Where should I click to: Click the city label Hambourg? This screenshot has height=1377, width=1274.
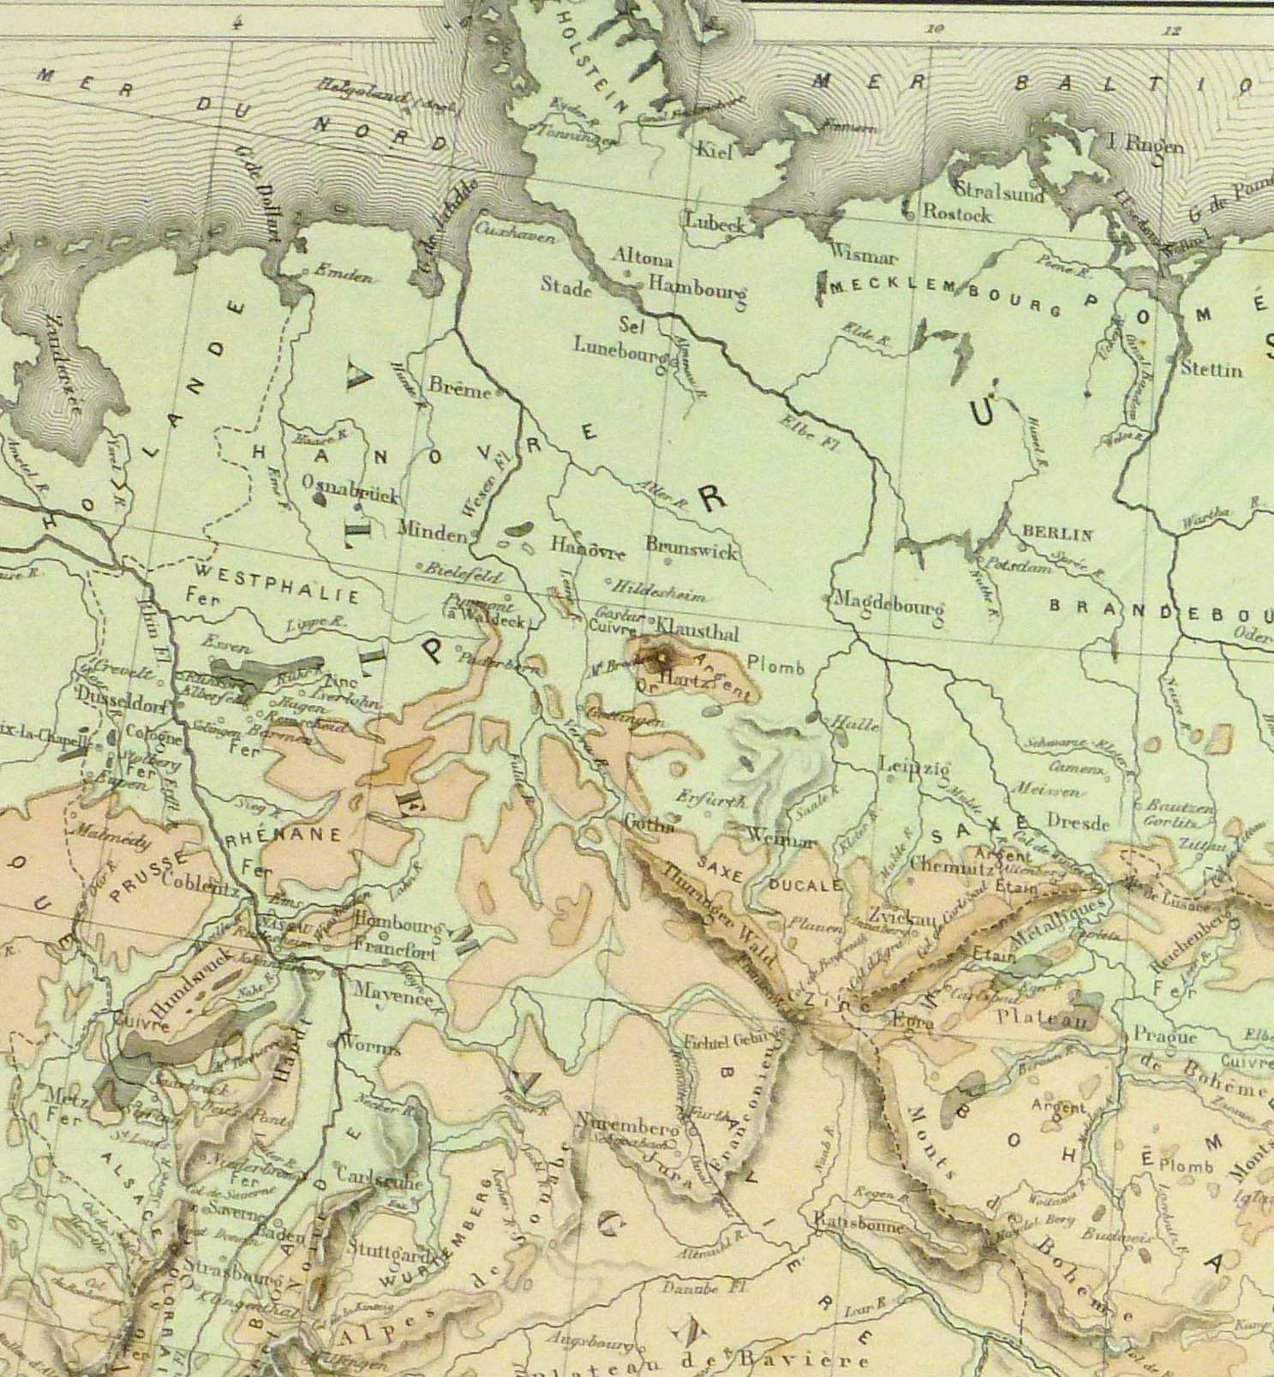tap(697, 287)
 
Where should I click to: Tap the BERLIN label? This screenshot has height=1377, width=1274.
tap(1056, 535)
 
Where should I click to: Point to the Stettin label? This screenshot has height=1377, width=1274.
tap(1211, 370)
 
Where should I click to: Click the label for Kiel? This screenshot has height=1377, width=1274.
tap(715, 152)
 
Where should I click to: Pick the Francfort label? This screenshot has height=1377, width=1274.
tap(396, 951)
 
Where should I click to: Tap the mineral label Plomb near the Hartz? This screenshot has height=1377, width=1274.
tap(775, 665)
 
